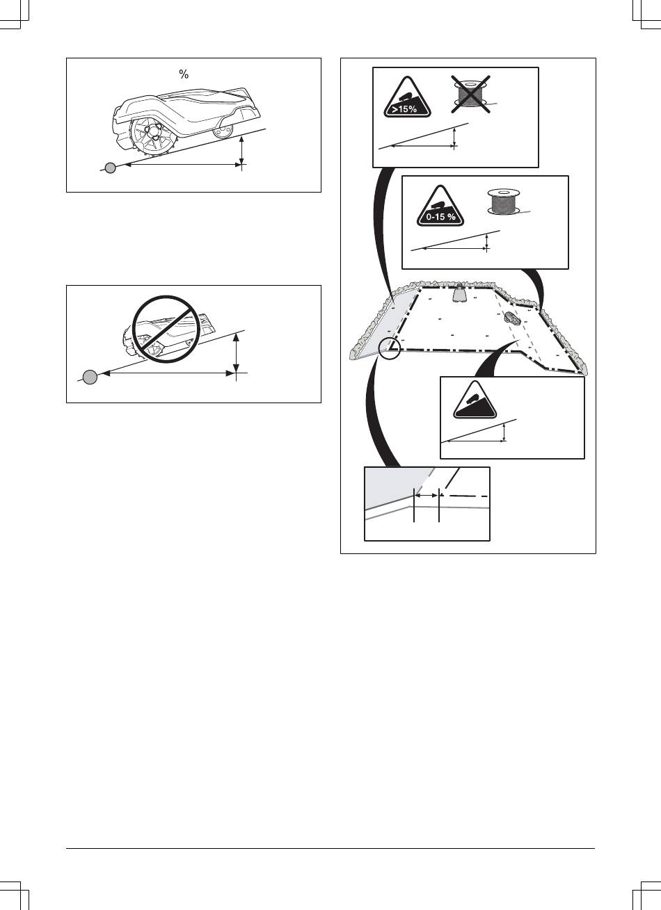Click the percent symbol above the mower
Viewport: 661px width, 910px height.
[184, 74]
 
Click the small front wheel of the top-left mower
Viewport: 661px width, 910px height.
[223, 130]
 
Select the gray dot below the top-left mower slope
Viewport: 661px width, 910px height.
[110, 168]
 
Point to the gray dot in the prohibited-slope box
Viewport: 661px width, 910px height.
[90, 377]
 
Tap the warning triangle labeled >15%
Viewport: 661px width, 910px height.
[407, 97]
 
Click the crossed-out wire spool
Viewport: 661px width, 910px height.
[470, 94]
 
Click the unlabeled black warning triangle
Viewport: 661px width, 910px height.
[475, 400]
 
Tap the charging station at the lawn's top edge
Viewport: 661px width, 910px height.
[460, 293]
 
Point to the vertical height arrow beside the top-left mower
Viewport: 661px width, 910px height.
[242, 150]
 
